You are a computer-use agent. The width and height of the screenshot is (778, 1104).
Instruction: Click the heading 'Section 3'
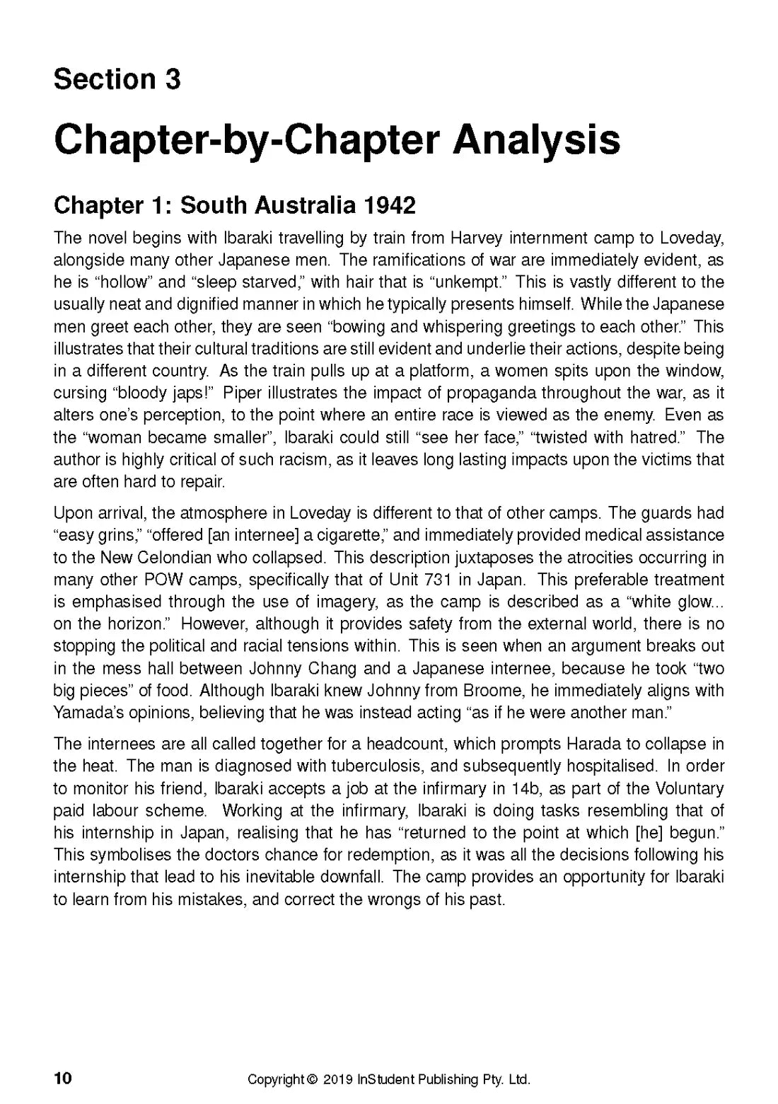pos(117,79)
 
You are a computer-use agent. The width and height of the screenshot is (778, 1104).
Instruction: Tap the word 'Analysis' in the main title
pos(536,140)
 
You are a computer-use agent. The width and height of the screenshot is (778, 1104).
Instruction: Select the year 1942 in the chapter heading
pos(388,205)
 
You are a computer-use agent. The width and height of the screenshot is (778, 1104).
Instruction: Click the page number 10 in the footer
pos(62,1079)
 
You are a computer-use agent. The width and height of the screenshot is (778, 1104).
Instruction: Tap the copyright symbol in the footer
pos(313,1080)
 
